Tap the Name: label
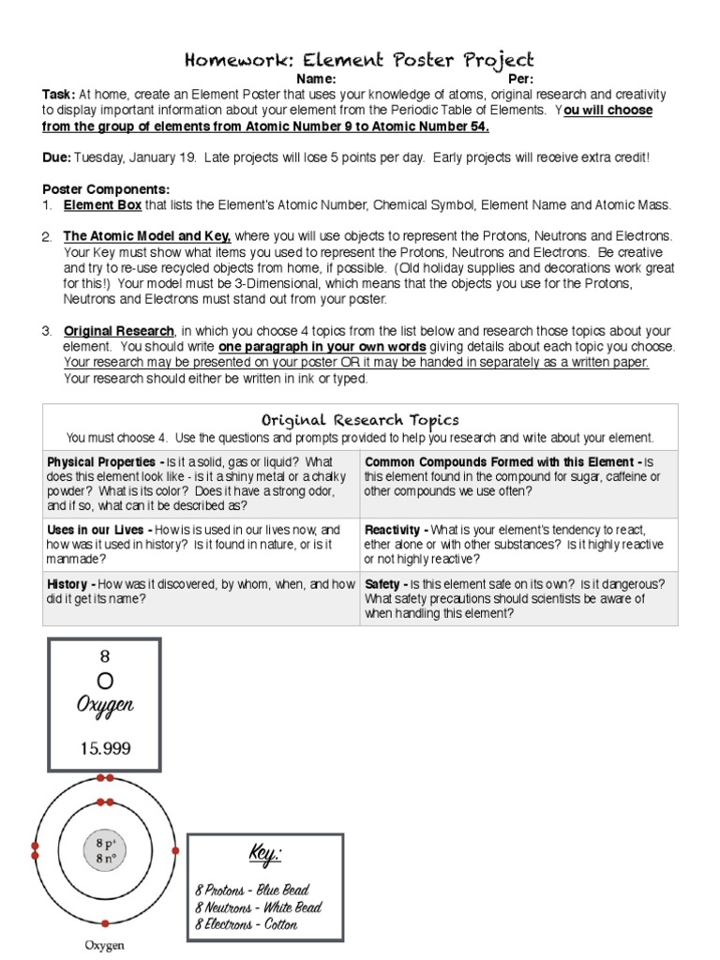(x=316, y=80)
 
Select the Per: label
(x=520, y=80)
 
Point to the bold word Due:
(x=56, y=157)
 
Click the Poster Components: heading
(x=106, y=189)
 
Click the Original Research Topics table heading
(x=360, y=420)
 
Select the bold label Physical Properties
(x=101, y=462)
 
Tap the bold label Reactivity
(x=396, y=530)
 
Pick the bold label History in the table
(x=67, y=584)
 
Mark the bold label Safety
(x=382, y=584)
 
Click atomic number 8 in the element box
(x=105, y=657)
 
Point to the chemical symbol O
(x=105, y=680)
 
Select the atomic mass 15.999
(x=105, y=748)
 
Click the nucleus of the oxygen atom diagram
(x=105, y=850)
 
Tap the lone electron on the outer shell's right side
(x=175, y=850)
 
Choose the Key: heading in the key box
(x=264, y=855)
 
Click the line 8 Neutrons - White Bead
(x=258, y=907)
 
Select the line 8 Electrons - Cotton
(x=247, y=925)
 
